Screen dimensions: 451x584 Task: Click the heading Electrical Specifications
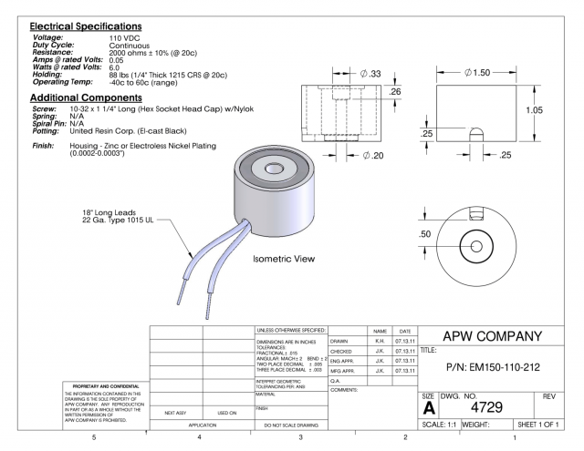[x=86, y=26]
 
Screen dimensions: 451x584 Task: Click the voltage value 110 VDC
[x=127, y=37]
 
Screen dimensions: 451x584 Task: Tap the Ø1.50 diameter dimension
[x=479, y=72]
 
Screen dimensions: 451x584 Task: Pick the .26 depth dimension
[x=395, y=92]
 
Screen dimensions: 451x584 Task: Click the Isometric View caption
[x=284, y=259]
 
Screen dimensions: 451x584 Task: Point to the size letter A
[x=428, y=407]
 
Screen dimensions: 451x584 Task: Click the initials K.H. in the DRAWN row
[x=379, y=341]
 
